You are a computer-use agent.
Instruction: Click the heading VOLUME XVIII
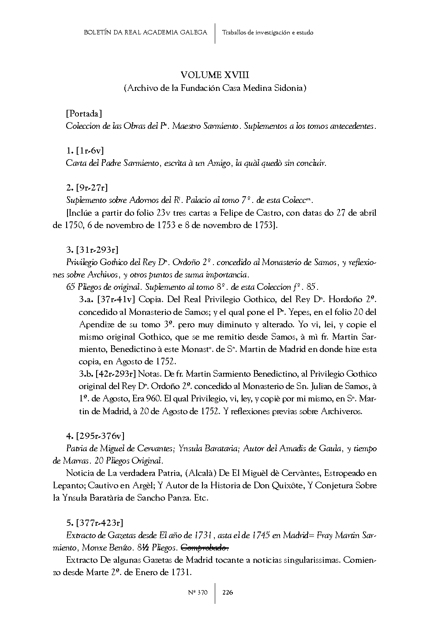click(215, 75)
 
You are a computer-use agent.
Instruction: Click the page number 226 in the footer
click(228, 592)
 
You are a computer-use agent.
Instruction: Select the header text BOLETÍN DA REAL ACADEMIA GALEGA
click(145, 32)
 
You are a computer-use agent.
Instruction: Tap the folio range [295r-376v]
click(100, 436)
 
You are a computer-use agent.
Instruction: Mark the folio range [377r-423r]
click(99, 523)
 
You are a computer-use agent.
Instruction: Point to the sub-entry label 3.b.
click(86, 374)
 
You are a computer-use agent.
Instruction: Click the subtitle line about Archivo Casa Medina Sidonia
click(215, 88)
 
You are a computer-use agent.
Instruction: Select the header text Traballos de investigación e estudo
click(268, 32)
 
